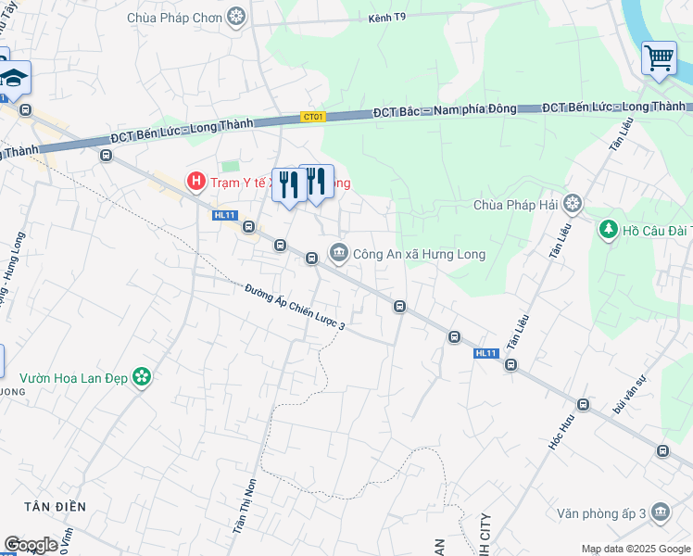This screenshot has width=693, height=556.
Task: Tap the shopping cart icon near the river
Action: tap(659, 57)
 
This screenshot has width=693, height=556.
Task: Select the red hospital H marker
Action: tap(195, 182)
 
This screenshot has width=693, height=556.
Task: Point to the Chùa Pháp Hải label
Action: tap(517, 204)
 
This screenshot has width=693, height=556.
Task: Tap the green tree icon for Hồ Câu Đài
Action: tap(609, 228)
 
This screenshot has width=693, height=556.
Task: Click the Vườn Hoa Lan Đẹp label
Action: tap(75, 377)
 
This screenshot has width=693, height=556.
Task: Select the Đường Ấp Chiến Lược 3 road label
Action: tap(296, 308)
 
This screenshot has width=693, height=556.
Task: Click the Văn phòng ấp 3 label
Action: tap(603, 512)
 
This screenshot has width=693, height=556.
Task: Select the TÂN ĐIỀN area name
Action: tap(56, 507)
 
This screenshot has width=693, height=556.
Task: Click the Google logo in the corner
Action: tap(31, 545)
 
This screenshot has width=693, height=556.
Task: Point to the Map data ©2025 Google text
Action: tap(636, 549)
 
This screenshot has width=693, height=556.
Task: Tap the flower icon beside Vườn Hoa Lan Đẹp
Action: tap(142, 377)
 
